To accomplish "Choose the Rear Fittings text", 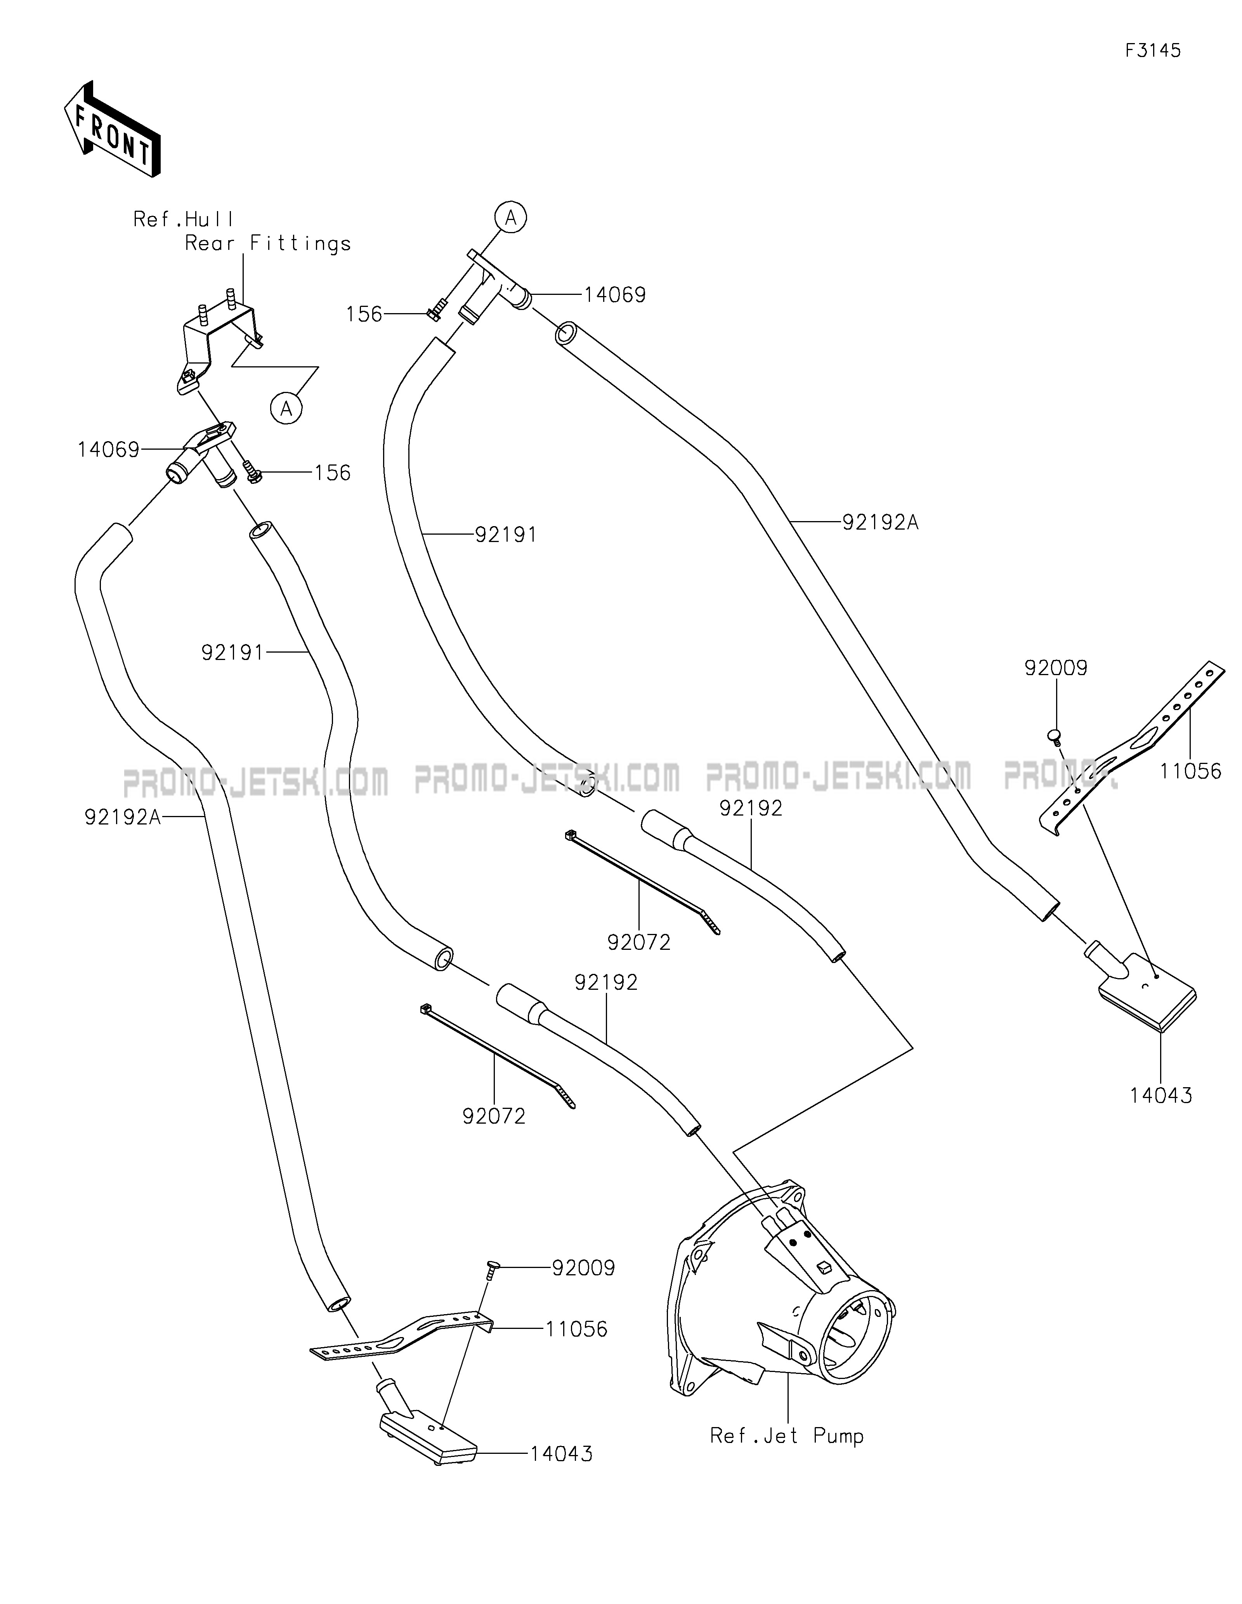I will pos(268,243).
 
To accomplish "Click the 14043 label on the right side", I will pos(1161,1116).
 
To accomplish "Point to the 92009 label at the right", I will pos(1056,668).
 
